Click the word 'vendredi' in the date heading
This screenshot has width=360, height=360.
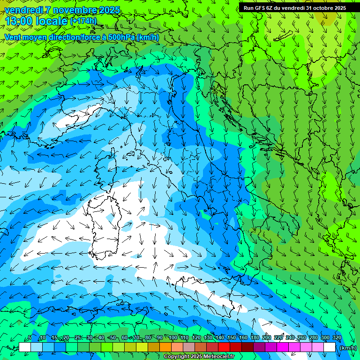tap(23, 10)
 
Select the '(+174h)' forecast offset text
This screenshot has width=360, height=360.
tap(83, 21)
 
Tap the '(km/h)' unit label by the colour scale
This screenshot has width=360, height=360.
tap(348, 347)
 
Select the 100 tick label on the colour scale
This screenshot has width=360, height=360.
tap(172, 337)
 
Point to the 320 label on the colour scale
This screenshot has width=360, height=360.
tap(337, 337)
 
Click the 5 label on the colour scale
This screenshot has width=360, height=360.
tap(30, 337)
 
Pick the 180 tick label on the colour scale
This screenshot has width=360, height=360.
tap(255, 337)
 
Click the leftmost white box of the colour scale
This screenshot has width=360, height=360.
tap(25, 347)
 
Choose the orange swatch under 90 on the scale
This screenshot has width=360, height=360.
tap(165, 347)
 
